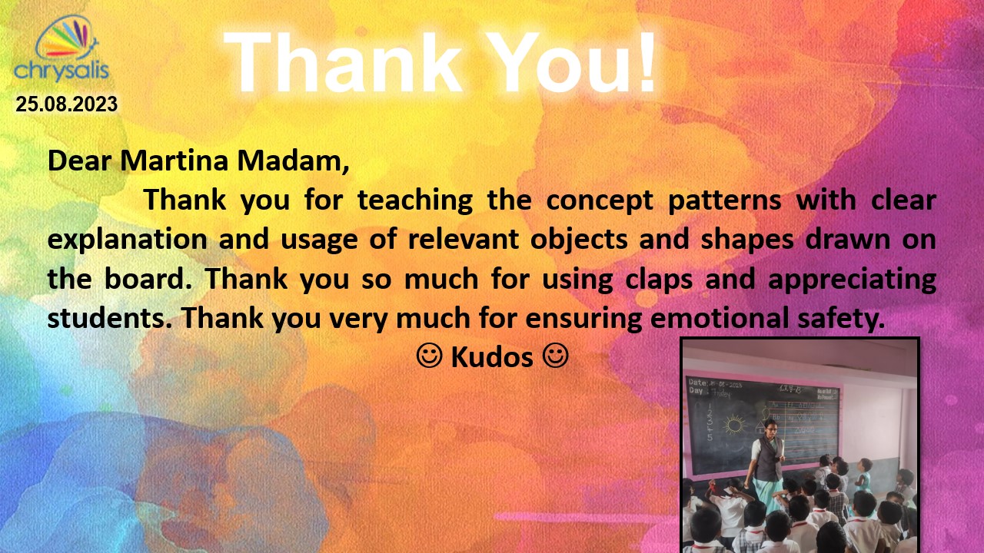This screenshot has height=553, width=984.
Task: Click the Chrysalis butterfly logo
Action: pyautogui.click(x=61, y=48)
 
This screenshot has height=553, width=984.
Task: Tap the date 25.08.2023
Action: pyautogui.click(x=67, y=104)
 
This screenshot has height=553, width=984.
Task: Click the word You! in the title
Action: pyautogui.click(x=577, y=62)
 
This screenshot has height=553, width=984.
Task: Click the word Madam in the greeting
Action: pyautogui.click(x=290, y=161)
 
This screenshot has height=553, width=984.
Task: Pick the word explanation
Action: pyautogui.click(x=127, y=240)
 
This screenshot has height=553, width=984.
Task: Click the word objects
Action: pyautogui.click(x=579, y=240)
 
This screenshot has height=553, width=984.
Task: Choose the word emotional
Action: pyautogui.click(x=719, y=318)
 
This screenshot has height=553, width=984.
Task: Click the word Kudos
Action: pyautogui.click(x=492, y=357)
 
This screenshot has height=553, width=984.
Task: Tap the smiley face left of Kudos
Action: pyautogui.click(x=429, y=356)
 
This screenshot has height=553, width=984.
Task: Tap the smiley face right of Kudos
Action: pyautogui.click(x=556, y=356)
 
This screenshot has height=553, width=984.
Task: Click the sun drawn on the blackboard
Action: pyautogui.click(x=734, y=424)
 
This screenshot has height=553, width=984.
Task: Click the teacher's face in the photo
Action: pyautogui.click(x=770, y=426)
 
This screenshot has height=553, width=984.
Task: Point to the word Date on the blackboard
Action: pyautogui.click(x=697, y=382)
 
